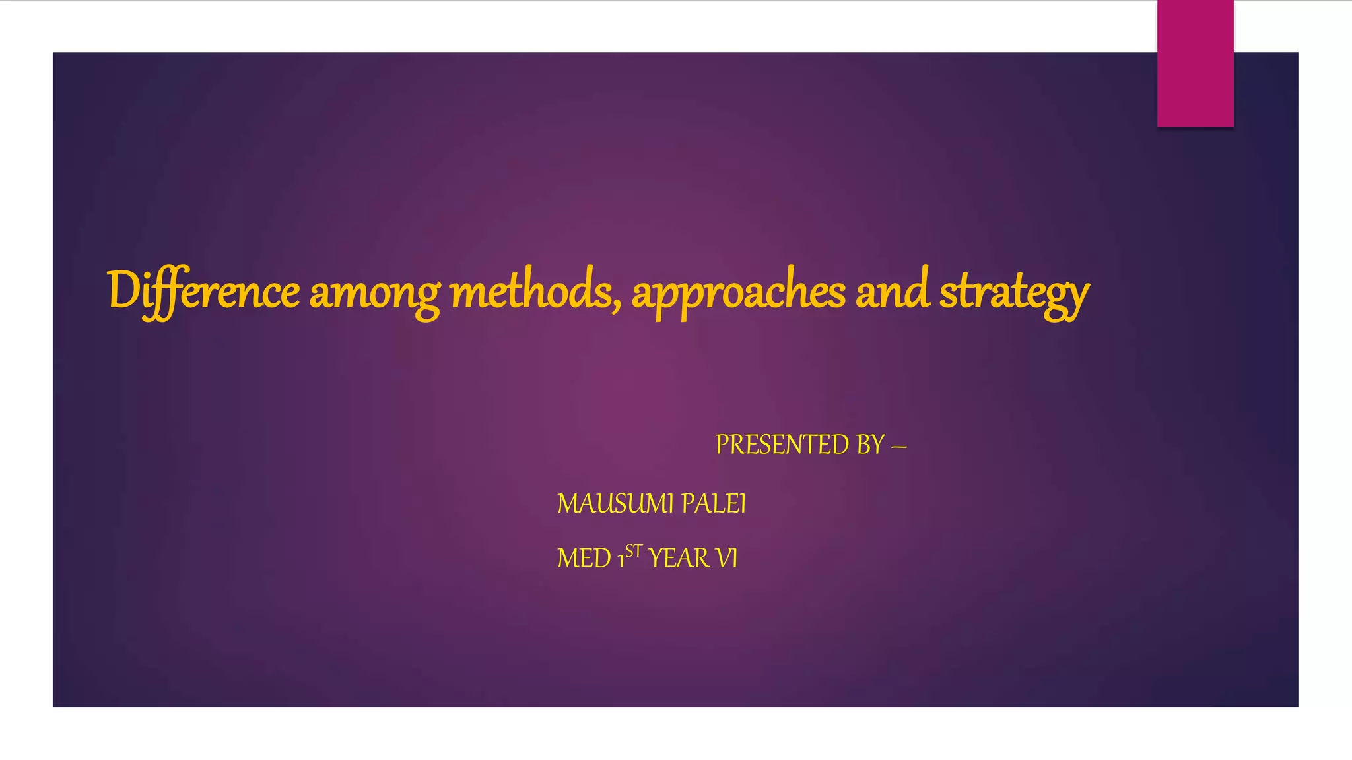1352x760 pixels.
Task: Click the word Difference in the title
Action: click(203, 292)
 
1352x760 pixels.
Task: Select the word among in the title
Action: click(374, 293)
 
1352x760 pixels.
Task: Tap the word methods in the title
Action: click(532, 292)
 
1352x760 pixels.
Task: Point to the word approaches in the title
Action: click(738, 293)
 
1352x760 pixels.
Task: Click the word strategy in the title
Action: click(1014, 293)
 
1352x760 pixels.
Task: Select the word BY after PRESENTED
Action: click(870, 445)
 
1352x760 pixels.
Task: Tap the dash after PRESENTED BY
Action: click(898, 447)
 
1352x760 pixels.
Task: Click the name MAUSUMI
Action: click(615, 504)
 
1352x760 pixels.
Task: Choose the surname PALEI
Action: click(714, 504)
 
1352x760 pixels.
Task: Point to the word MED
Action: click(584, 559)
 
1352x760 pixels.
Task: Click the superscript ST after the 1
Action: click(634, 550)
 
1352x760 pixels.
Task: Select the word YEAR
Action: click(679, 559)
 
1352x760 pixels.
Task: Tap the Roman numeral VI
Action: click(727, 559)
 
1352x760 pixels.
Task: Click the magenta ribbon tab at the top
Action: click(1195, 63)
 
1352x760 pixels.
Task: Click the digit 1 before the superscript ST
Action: click(621, 561)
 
